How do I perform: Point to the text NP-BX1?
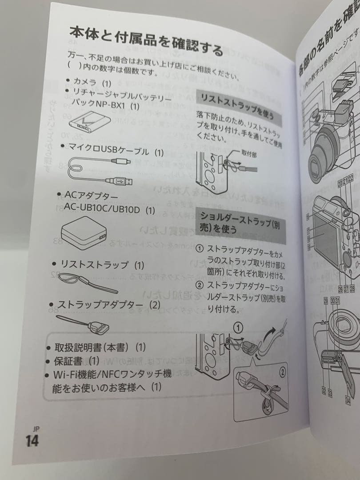(113, 107)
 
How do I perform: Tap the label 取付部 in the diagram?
(249, 153)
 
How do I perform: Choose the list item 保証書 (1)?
(76, 360)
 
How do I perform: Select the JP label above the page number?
(36, 429)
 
